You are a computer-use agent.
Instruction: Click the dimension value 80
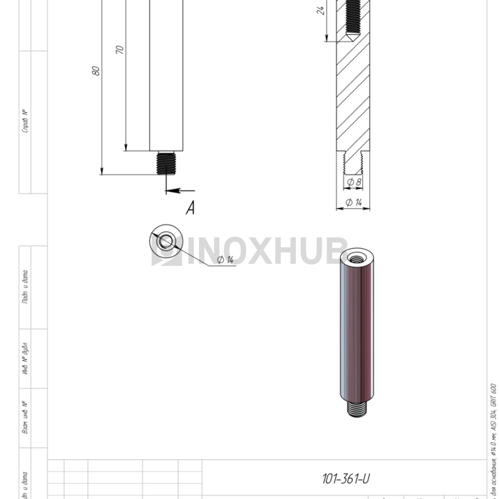(96, 71)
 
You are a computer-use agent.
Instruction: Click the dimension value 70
(120, 50)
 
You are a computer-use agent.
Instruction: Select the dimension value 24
(321, 10)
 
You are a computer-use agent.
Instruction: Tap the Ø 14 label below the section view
(353, 203)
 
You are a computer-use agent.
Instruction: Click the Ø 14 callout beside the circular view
(225, 259)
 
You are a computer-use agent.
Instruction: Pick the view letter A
(190, 208)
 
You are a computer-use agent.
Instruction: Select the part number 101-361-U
(346, 478)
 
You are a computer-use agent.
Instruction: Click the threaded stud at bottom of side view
(166, 163)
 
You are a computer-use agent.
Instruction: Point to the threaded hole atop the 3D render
(357, 256)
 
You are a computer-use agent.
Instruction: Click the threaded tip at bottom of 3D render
(358, 409)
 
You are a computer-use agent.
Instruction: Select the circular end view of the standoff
(166, 242)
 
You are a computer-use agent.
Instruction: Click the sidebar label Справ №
(26, 121)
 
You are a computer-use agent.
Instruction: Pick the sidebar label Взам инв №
(26, 418)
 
